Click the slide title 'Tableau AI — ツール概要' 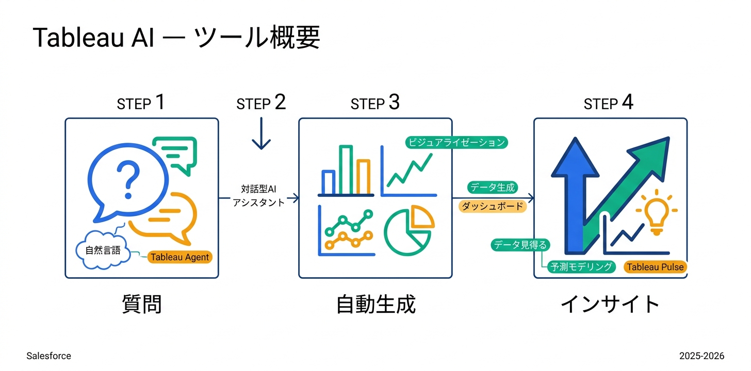click(176, 39)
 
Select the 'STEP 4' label click(608, 103)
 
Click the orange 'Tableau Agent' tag click(179, 257)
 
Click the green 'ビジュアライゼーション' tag click(456, 143)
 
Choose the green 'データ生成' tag click(492, 188)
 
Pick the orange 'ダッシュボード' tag click(492, 207)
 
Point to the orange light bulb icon click(656, 212)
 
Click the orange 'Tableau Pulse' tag click(655, 267)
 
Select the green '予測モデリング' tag click(581, 266)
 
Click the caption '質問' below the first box click(142, 304)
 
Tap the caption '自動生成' click(376, 304)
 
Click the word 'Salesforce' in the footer click(48, 356)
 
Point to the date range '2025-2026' click(701, 356)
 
